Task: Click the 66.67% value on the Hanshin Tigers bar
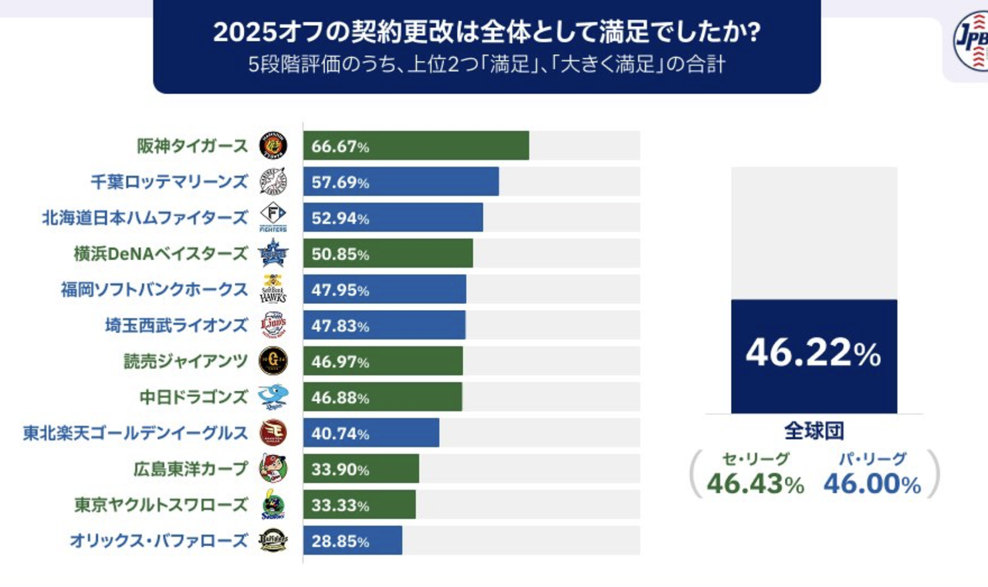coord(340,147)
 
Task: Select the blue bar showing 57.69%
coord(401,181)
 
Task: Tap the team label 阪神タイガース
coord(192,146)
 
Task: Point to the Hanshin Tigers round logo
coord(273,146)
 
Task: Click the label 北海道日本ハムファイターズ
coord(144,218)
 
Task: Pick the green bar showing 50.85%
coord(388,254)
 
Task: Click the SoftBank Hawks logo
coord(273,289)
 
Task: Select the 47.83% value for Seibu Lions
coord(340,326)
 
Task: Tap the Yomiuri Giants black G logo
coord(273,361)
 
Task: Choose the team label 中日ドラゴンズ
coord(194,397)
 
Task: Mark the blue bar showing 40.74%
coord(371,433)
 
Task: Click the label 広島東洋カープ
coord(191,469)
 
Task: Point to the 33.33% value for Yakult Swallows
coord(340,505)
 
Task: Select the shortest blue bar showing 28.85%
coord(353,540)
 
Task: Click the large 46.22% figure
coord(814,353)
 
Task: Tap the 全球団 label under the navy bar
coord(814,431)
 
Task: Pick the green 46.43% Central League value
coord(756,484)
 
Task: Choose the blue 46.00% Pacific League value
coord(872,484)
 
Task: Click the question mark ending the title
coord(754,32)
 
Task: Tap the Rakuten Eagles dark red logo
coord(273,433)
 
